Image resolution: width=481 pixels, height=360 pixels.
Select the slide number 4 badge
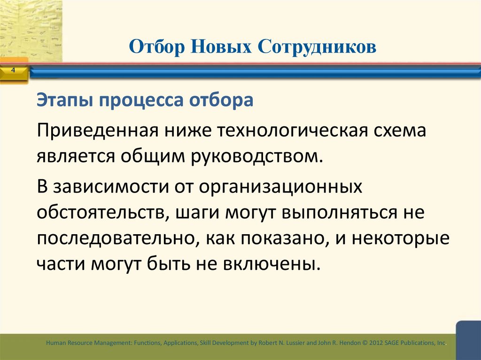click(x=13, y=70)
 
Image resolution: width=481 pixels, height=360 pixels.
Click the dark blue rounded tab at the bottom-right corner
click(x=468, y=339)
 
